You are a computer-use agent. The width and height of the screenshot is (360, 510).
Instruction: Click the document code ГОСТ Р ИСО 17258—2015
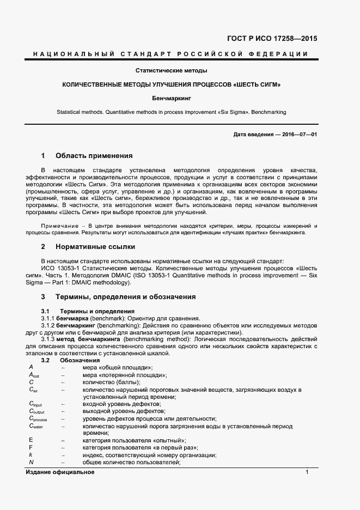coord(271,39)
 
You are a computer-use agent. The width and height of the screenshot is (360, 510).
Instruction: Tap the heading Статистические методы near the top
coord(172,71)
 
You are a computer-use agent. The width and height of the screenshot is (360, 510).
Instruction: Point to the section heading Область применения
coord(94,155)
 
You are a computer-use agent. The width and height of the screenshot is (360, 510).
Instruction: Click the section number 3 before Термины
coord(43,297)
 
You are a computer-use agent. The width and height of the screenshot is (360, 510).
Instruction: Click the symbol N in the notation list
coord(31,462)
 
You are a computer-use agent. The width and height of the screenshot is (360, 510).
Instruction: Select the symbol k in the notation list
coord(30,455)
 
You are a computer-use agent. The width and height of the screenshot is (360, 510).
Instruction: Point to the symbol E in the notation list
coord(31,440)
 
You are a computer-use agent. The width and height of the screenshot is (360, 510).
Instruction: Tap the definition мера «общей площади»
coord(117,368)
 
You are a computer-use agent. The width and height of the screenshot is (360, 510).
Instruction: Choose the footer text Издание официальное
coord(60,472)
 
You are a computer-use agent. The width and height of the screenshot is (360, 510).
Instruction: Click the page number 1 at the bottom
coord(307,472)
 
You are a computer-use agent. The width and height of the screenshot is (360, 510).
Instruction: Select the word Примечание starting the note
coord(57,226)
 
